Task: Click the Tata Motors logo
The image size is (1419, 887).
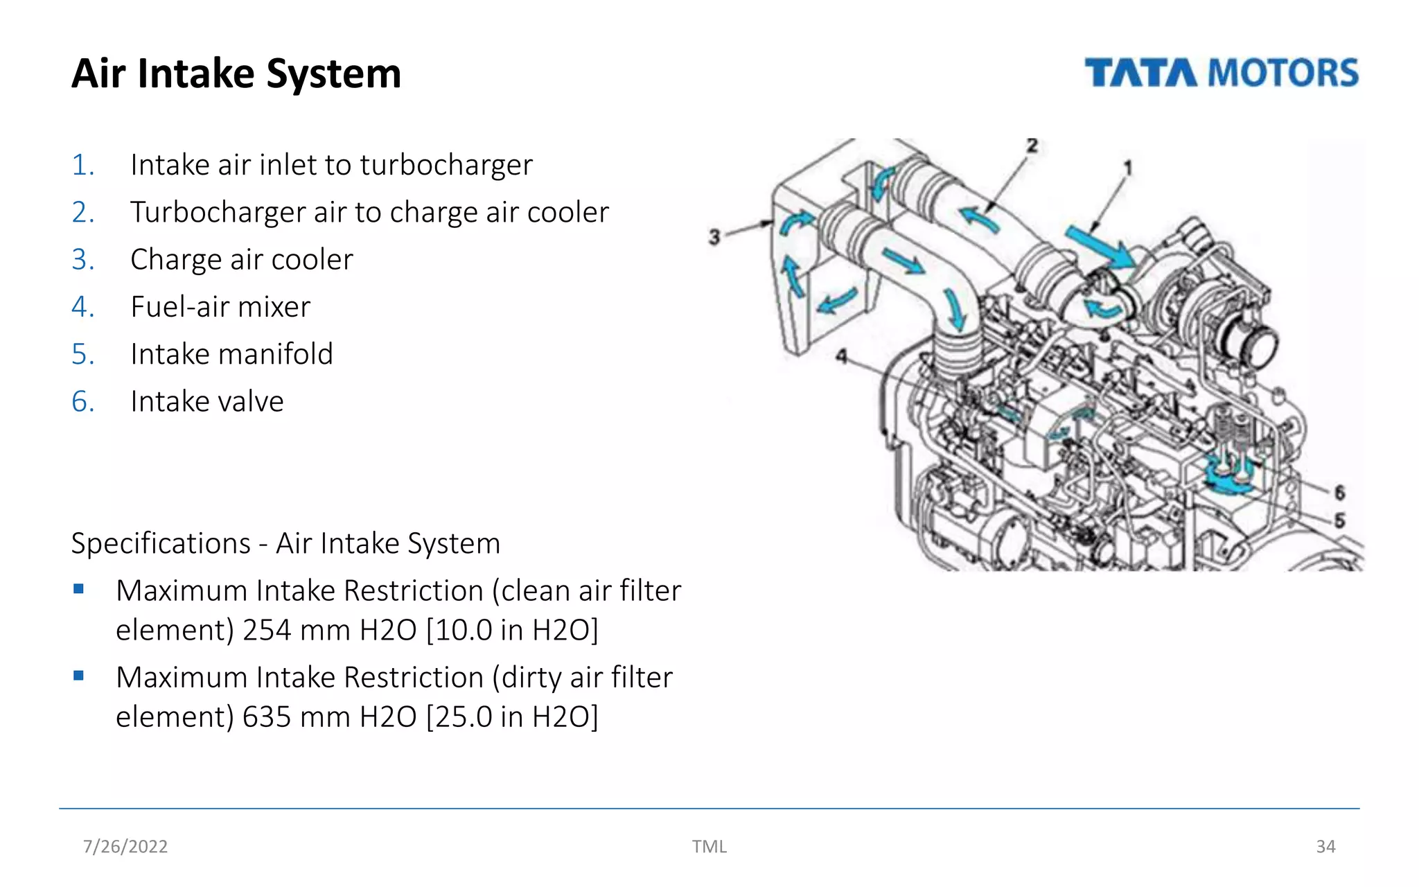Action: pyautogui.click(x=1221, y=73)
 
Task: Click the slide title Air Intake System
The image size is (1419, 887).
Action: pyautogui.click(x=236, y=73)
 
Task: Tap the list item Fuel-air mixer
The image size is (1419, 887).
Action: pyautogui.click(x=220, y=306)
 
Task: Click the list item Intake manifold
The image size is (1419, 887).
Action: pyautogui.click(x=231, y=354)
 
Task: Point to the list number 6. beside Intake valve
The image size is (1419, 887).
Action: pyautogui.click(x=83, y=402)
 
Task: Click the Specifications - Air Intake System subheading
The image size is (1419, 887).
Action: pyautogui.click(x=285, y=543)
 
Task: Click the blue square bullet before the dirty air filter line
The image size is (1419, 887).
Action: pyautogui.click(x=78, y=676)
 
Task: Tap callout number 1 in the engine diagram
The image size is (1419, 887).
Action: pyautogui.click(x=1127, y=168)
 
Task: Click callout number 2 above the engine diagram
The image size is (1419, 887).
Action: pyautogui.click(x=1032, y=146)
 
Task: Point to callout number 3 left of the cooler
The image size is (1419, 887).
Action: pyautogui.click(x=714, y=237)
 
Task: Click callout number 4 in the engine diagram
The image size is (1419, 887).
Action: pyautogui.click(x=841, y=356)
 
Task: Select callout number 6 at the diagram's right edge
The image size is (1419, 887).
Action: pyautogui.click(x=1339, y=493)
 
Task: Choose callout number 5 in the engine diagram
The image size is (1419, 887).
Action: pyautogui.click(x=1339, y=520)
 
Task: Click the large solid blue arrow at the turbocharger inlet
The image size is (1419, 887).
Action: pyautogui.click(x=1100, y=247)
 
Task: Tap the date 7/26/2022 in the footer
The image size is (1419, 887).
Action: pyautogui.click(x=125, y=847)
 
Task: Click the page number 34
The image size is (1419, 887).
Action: pyautogui.click(x=1325, y=847)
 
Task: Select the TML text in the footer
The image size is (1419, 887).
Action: pyautogui.click(x=709, y=847)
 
